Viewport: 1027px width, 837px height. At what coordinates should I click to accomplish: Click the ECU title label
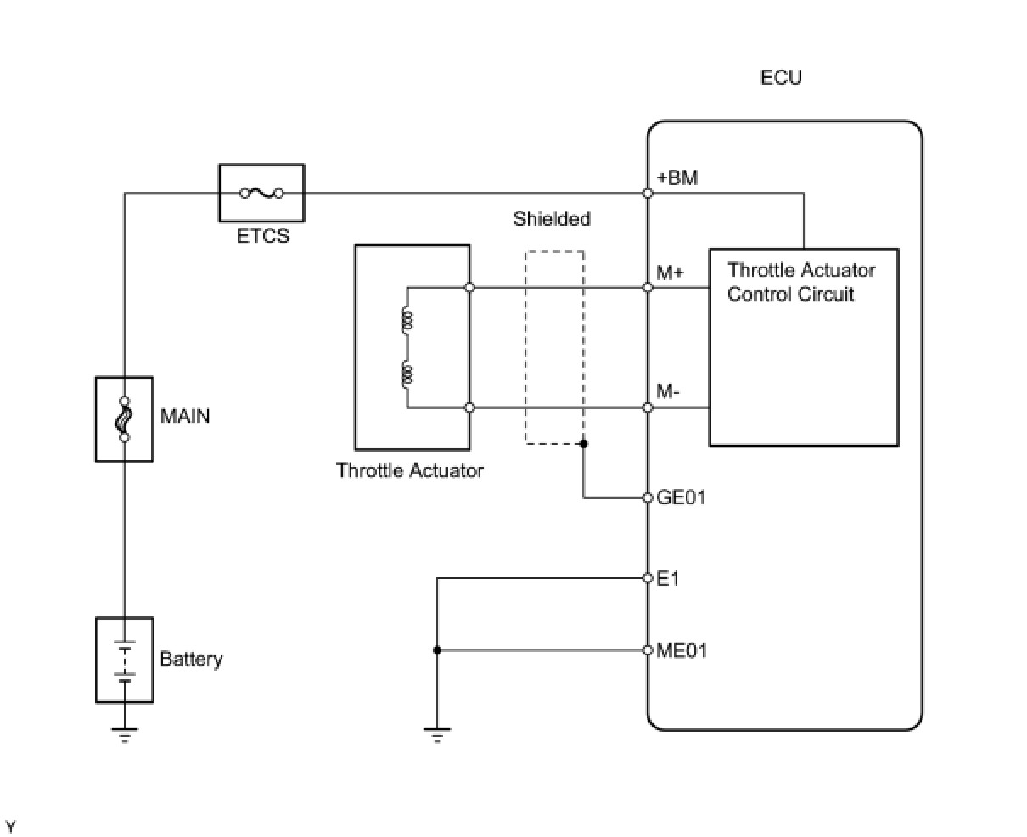(x=781, y=77)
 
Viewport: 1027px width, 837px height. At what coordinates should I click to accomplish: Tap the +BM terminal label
(x=676, y=178)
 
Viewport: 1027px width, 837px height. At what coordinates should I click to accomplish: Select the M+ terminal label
(x=670, y=272)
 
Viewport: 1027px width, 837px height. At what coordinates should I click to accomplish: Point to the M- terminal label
(x=667, y=391)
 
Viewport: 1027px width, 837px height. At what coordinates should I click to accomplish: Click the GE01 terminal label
(x=681, y=497)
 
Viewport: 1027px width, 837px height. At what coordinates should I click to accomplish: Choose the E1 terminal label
(x=668, y=578)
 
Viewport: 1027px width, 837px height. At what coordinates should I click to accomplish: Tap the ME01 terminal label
(x=682, y=650)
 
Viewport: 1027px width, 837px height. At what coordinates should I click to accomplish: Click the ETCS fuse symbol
(x=261, y=194)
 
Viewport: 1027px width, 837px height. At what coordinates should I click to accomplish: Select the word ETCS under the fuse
(x=263, y=236)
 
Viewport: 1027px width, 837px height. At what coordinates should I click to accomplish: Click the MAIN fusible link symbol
(x=125, y=419)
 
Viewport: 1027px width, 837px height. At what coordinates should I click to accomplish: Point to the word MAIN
(x=185, y=416)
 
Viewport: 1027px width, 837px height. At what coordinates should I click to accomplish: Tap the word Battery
(x=191, y=659)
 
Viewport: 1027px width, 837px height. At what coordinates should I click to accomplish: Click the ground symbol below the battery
(x=125, y=735)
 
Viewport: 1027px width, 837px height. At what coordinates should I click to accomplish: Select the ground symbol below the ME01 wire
(x=437, y=735)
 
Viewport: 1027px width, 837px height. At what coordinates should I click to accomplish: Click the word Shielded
(x=552, y=219)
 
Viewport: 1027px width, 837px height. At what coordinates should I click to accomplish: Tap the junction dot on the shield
(x=583, y=444)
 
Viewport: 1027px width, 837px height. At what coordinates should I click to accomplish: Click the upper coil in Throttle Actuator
(x=407, y=321)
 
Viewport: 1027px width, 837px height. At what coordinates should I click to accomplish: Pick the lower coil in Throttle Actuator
(x=407, y=374)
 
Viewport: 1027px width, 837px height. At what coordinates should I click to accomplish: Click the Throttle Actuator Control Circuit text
(x=801, y=282)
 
